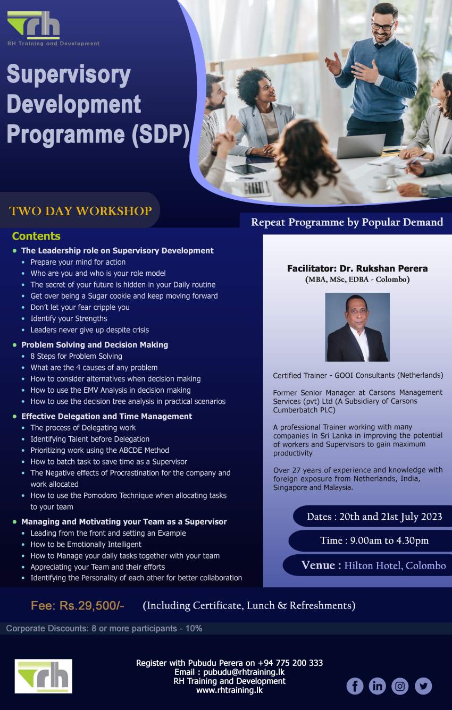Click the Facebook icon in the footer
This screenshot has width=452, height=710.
pos(355,686)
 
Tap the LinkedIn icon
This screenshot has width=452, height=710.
pos(377,686)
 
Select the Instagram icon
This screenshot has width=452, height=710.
pos(400,686)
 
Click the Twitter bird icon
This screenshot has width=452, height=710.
pos(423,686)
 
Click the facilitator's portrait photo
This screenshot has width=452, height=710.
pos(357,327)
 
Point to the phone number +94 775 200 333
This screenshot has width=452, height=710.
pos(290,663)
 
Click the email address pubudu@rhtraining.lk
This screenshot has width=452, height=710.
pos(244,672)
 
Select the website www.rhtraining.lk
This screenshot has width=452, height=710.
pos(229,690)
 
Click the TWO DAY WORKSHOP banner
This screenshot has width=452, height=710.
pos(80,211)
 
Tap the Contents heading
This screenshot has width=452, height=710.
pos(36,236)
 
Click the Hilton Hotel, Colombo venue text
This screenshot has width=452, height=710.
pos(395,565)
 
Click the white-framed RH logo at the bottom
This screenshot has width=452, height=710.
pos(43,676)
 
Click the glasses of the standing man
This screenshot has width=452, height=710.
pos(382,25)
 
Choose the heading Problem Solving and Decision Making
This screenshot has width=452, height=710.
pos(95,345)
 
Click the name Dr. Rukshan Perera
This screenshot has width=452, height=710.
pos(383,268)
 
